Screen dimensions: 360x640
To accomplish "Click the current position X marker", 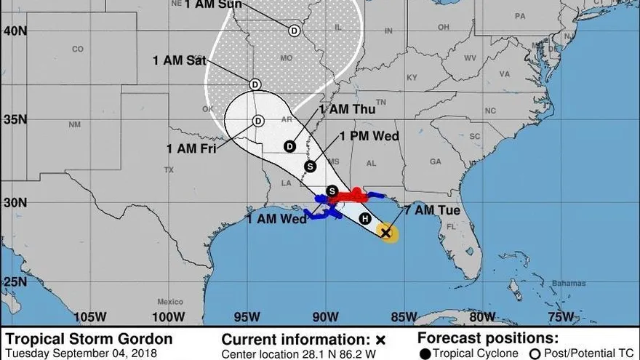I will tap(387, 233).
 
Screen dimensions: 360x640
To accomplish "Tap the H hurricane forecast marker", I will tap(364, 219).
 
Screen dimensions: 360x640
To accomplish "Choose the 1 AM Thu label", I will tap(347, 110).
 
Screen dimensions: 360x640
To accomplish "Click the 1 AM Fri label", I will tap(191, 148).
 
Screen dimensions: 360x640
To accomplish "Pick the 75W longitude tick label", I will tap(561, 316).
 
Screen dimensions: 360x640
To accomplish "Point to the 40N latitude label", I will tap(15, 31).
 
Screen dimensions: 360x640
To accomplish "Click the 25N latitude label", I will tap(15, 281).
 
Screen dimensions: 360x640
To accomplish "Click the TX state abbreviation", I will tap(169, 170).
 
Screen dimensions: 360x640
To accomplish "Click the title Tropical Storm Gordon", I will tap(89, 339).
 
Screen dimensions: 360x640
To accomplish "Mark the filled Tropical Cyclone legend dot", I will tap(424, 353).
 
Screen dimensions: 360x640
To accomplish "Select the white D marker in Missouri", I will tap(294, 31).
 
